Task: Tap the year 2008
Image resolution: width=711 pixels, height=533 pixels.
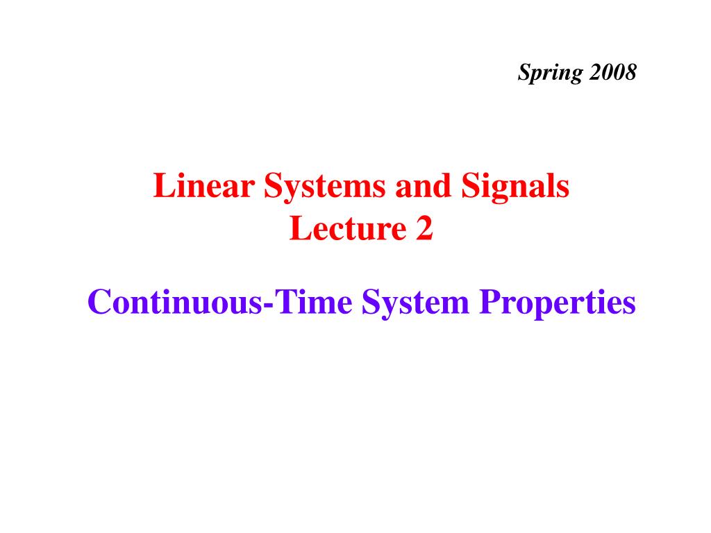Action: [613, 72]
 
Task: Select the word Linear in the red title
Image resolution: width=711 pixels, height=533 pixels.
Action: [204, 185]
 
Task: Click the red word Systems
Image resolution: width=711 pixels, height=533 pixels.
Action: [325, 187]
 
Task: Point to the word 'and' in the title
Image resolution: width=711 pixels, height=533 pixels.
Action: [424, 185]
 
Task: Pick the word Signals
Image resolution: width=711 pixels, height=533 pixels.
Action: [515, 187]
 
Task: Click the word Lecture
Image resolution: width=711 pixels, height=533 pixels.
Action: [349, 228]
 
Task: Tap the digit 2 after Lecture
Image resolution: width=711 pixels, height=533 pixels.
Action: [424, 228]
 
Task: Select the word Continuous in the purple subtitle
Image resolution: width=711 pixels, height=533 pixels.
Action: [175, 302]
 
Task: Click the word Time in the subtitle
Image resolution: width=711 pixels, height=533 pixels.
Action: [314, 302]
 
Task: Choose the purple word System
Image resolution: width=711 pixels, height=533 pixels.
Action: [415, 304]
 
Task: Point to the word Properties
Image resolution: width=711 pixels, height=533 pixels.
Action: [558, 304]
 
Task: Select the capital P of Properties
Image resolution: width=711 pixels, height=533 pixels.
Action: [491, 302]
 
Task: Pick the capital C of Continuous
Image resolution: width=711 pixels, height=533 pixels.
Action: [100, 302]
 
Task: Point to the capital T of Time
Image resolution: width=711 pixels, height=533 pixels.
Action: [287, 302]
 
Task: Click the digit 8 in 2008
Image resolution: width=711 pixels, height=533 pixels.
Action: [630, 72]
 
